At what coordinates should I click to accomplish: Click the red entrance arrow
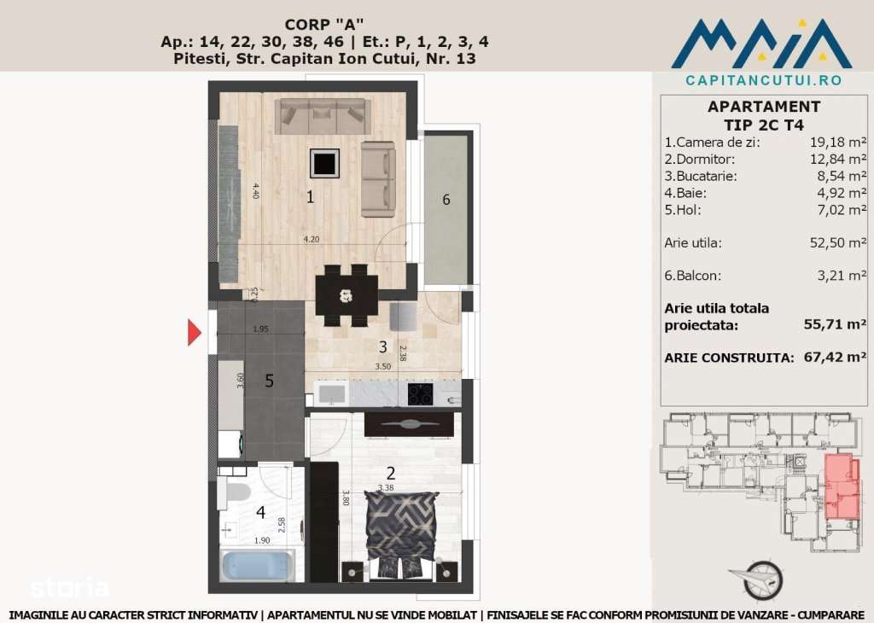[x=195, y=331]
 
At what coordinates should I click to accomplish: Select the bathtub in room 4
[x=257, y=566]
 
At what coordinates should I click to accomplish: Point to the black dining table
[x=347, y=295]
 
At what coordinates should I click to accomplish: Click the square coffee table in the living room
[x=324, y=162]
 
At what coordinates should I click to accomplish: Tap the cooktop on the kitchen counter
[x=420, y=394]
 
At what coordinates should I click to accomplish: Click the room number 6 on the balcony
[x=446, y=200]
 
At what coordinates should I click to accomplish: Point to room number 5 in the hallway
[x=269, y=381]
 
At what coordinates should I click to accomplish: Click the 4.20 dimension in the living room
[x=312, y=240]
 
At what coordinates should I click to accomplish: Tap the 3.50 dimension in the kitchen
[x=383, y=366]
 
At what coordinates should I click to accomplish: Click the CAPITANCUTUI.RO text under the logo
[x=763, y=80]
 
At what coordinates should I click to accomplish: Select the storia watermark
[x=69, y=588]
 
